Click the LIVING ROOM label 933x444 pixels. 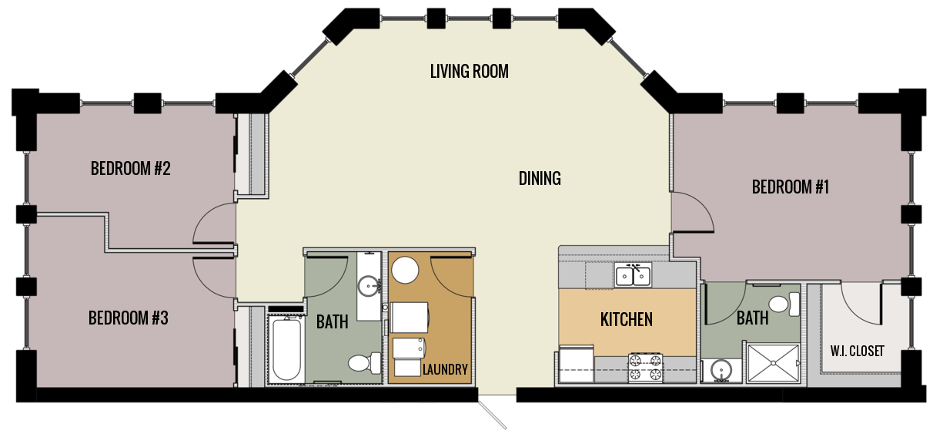click(x=469, y=72)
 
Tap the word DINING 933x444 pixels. click(x=539, y=179)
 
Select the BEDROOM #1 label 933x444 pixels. click(x=790, y=187)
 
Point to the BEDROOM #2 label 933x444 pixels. click(x=130, y=168)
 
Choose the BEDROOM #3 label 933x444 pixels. click(x=128, y=318)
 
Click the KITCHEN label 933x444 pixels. click(x=626, y=319)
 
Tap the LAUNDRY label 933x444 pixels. click(x=445, y=370)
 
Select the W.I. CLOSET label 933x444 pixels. click(x=857, y=351)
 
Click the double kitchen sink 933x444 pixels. click(x=633, y=274)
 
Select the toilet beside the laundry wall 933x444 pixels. click(x=363, y=362)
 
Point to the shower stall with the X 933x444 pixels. click(x=773, y=363)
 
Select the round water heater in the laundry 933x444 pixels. click(x=405, y=270)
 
